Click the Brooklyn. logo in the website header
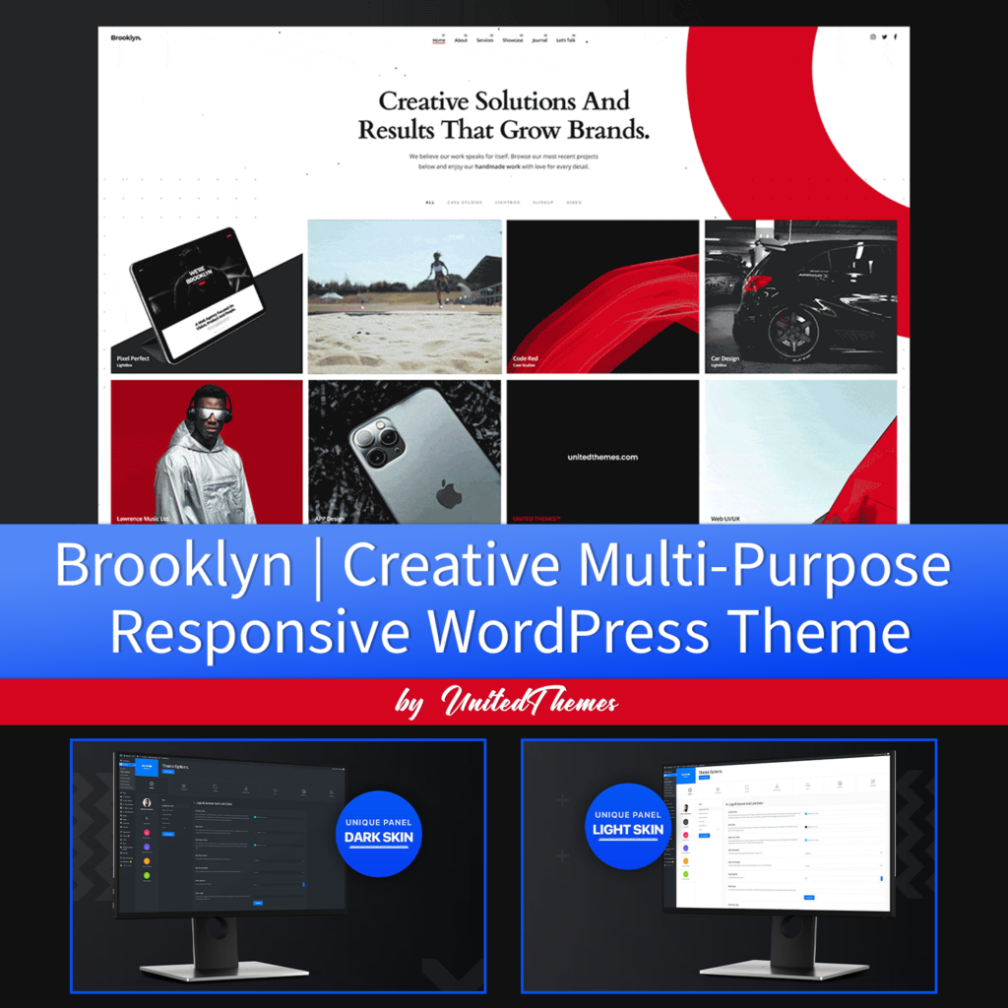pos(126,37)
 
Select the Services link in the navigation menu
pos(484,40)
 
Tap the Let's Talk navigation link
pos(566,40)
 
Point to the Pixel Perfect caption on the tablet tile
pos(133,358)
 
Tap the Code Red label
pos(526,358)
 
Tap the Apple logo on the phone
pos(449,494)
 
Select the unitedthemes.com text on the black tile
pos(602,457)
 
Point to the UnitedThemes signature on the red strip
pos(529,702)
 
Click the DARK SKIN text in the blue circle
pos(378,838)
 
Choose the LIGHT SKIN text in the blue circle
pos(628,830)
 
